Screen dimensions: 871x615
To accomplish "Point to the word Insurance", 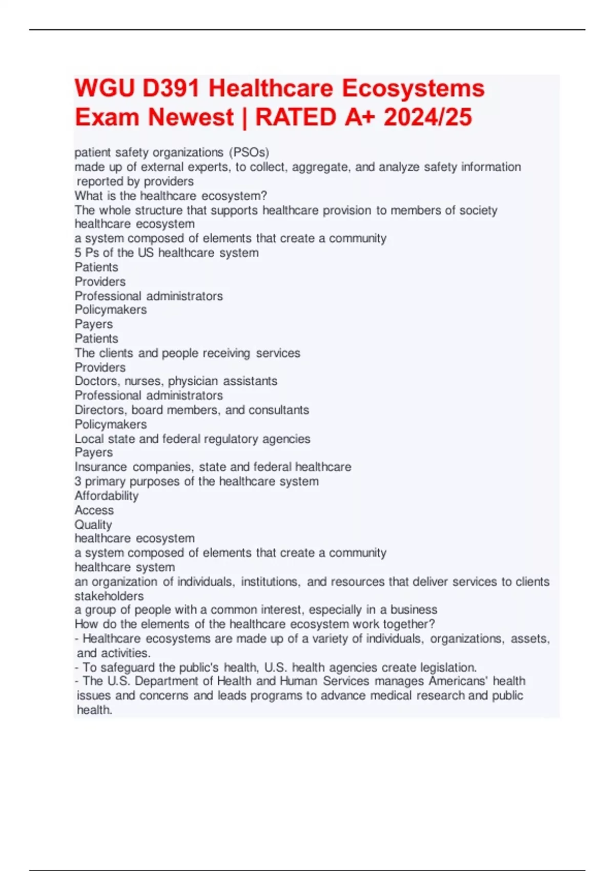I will point(100,467).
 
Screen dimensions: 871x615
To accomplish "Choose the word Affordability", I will point(107,496).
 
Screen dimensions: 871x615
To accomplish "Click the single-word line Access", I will point(94,510).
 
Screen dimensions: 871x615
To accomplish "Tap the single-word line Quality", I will point(93,525).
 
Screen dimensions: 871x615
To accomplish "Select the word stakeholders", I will point(109,596).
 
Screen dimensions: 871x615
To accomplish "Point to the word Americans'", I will point(458,681).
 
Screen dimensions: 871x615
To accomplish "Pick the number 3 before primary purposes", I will point(78,482).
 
